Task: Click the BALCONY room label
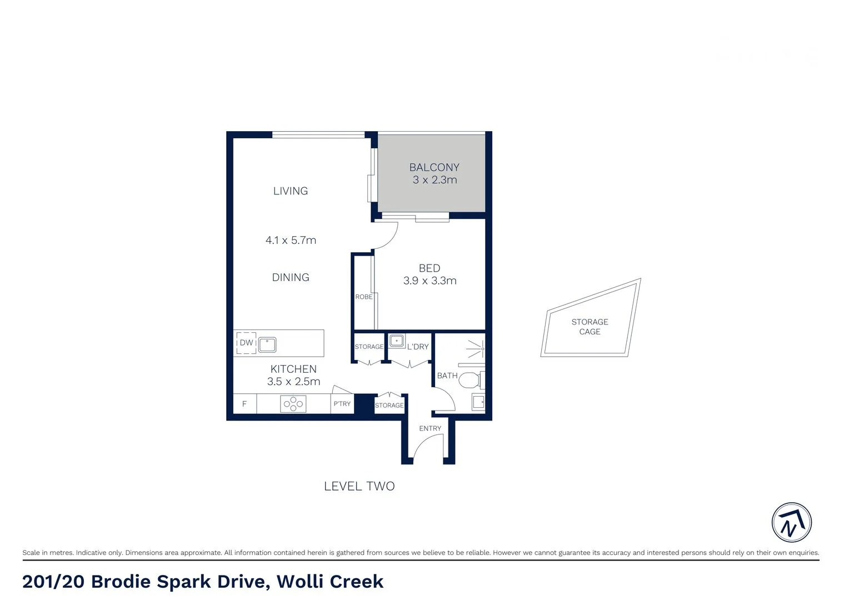(434, 167)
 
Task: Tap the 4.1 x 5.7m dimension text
(291, 241)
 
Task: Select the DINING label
(291, 277)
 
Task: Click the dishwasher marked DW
(246, 343)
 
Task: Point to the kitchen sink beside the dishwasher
(267, 344)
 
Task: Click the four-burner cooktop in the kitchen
(293, 404)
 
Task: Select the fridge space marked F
(244, 404)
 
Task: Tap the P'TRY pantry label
(342, 404)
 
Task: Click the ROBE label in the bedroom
(364, 297)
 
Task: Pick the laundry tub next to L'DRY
(397, 341)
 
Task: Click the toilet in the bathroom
(470, 381)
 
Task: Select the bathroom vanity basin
(478, 402)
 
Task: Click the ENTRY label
(430, 428)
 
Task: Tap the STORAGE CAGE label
(590, 327)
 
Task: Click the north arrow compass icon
(791, 523)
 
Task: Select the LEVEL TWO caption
(359, 486)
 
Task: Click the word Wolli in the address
(300, 582)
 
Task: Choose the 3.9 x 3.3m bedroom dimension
(430, 281)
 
